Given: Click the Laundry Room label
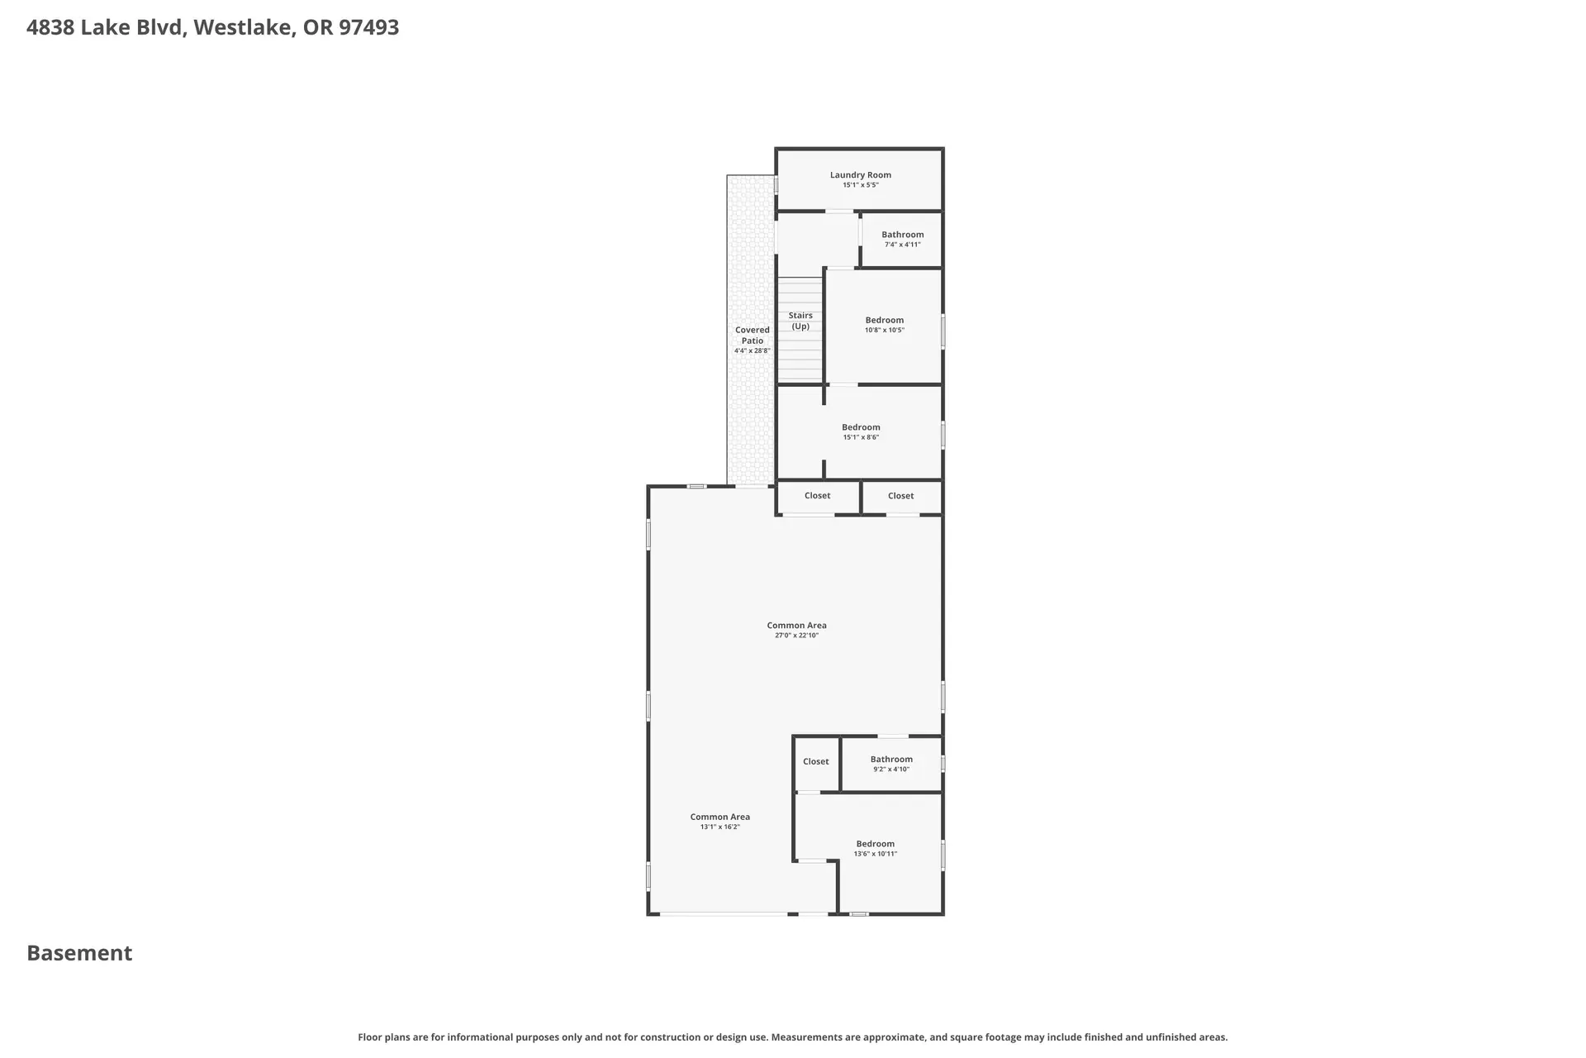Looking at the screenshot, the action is [x=860, y=174].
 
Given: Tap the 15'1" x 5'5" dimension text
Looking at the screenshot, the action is [x=860, y=185].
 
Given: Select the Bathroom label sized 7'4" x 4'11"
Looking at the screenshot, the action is [x=902, y=235].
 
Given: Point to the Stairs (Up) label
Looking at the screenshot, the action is [x=800, y=321].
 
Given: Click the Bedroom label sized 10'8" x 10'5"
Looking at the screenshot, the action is [x=885, y=320].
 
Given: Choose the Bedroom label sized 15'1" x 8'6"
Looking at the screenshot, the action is [x=861, y=427].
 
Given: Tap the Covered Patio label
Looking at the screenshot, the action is [x=753, y=335].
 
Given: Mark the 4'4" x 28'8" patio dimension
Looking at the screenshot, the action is [x=753, y=350].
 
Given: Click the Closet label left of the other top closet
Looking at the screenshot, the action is [x=817, y=495].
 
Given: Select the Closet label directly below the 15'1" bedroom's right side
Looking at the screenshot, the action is [x=900, y=496].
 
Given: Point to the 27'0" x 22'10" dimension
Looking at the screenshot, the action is [x=796, y=636].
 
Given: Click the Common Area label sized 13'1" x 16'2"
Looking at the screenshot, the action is [x=720, y=817].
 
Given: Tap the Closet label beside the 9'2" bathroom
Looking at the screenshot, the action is [x=815, y=761].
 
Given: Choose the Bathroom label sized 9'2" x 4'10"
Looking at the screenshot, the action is [x=891, y=759].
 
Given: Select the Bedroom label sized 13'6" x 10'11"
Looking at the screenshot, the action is [x=876, y=844].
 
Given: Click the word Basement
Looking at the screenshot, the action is [x=79, y=953].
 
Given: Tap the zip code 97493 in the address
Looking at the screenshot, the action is [x=368, y=27].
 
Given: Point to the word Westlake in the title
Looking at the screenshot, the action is [x=244, y=27].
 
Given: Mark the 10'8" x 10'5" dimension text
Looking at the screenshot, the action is [x=885, y=331].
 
